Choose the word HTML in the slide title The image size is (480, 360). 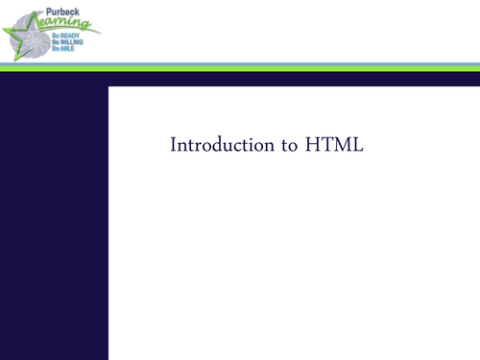[335, 146]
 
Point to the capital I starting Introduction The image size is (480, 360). [174, 146]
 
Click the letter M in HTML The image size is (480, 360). [342, 146]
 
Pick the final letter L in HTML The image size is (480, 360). [358, 146]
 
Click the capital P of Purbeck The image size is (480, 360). [50, 13]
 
